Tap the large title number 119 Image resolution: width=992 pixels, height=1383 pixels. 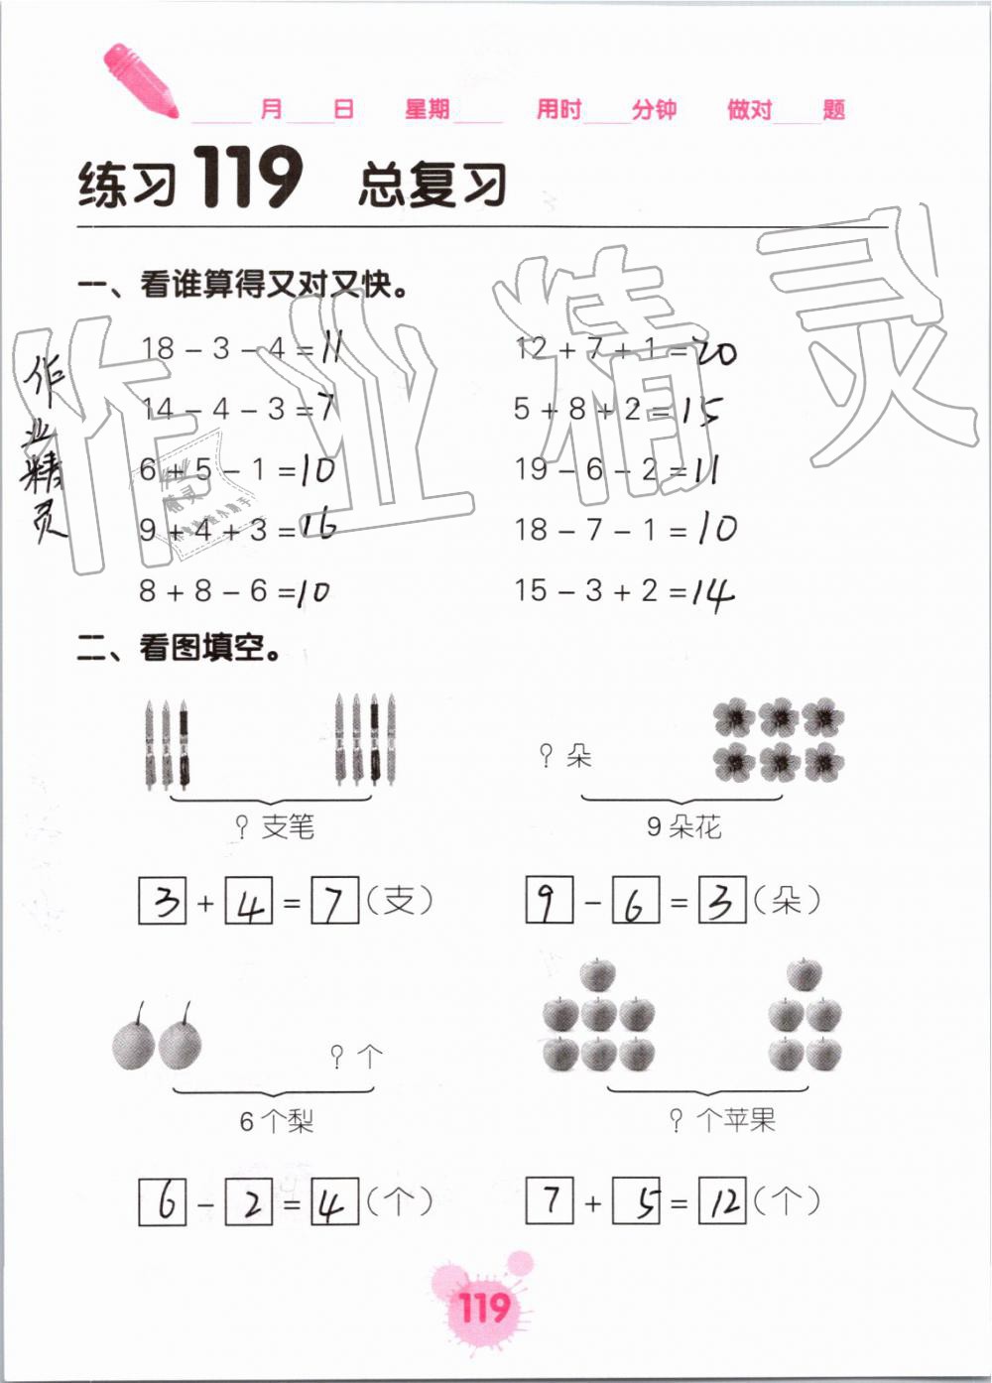coord(247,179)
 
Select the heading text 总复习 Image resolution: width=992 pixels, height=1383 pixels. coord(433,186)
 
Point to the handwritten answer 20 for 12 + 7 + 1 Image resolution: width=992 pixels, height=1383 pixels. coord(715,350)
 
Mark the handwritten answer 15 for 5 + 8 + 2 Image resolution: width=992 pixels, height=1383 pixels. coord(702,410)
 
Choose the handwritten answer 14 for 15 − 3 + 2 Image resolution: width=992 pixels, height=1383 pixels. coord(713,592)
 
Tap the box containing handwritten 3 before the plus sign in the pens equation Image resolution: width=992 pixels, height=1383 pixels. coord(163,901)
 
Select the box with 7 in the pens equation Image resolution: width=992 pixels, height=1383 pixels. coord(335,901)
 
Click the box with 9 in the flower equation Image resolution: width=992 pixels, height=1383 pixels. coord(550,901)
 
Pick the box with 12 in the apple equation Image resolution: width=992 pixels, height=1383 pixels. coord(722,1201)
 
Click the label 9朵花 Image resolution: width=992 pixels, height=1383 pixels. coord(683,826)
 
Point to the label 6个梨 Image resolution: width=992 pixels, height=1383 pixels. coord(276,1121)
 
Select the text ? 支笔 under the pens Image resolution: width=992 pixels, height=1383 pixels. coord(275,825)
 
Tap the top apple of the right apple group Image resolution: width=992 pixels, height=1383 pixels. coord(805,975)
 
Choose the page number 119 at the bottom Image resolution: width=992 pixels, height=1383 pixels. coord(483,1307)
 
